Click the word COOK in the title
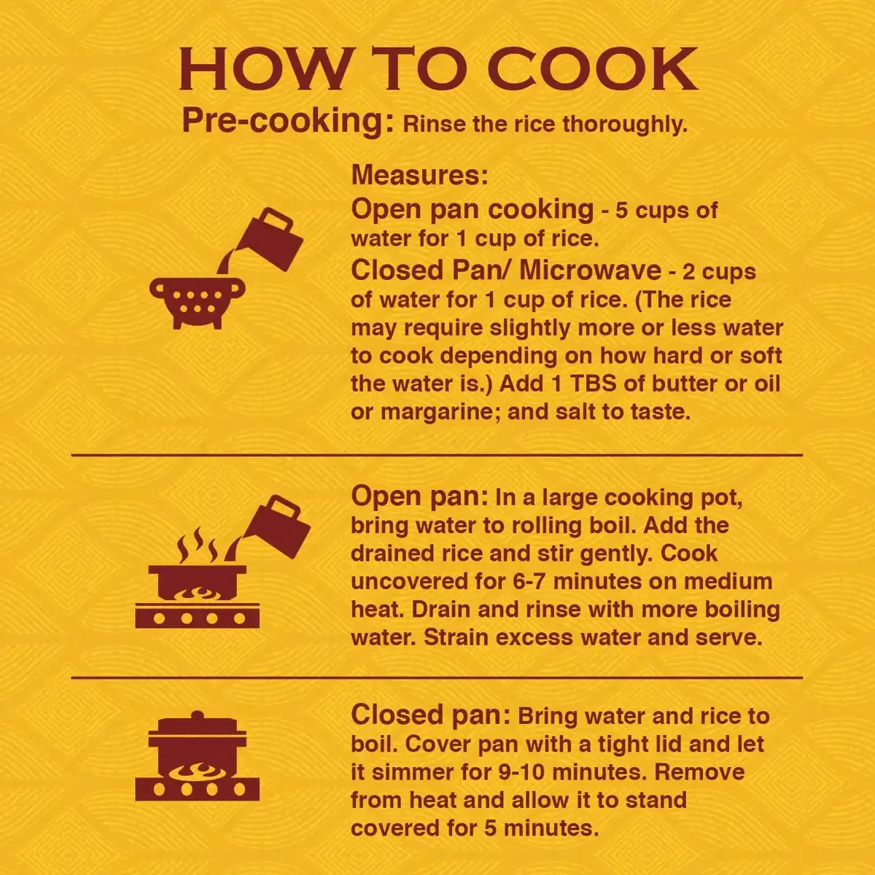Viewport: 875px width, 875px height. click(592, 69)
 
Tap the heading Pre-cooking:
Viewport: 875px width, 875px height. click(288, 122)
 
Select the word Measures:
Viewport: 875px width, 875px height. click(419, 174)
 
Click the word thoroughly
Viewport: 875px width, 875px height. click(625, 124)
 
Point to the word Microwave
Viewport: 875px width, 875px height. click(591, 271)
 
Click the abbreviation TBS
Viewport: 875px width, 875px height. click(593, 384)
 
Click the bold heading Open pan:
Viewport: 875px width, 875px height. click(419, 497)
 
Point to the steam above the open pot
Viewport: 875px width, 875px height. click(198, 545)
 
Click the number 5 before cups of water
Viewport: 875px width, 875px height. click(621, 211)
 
